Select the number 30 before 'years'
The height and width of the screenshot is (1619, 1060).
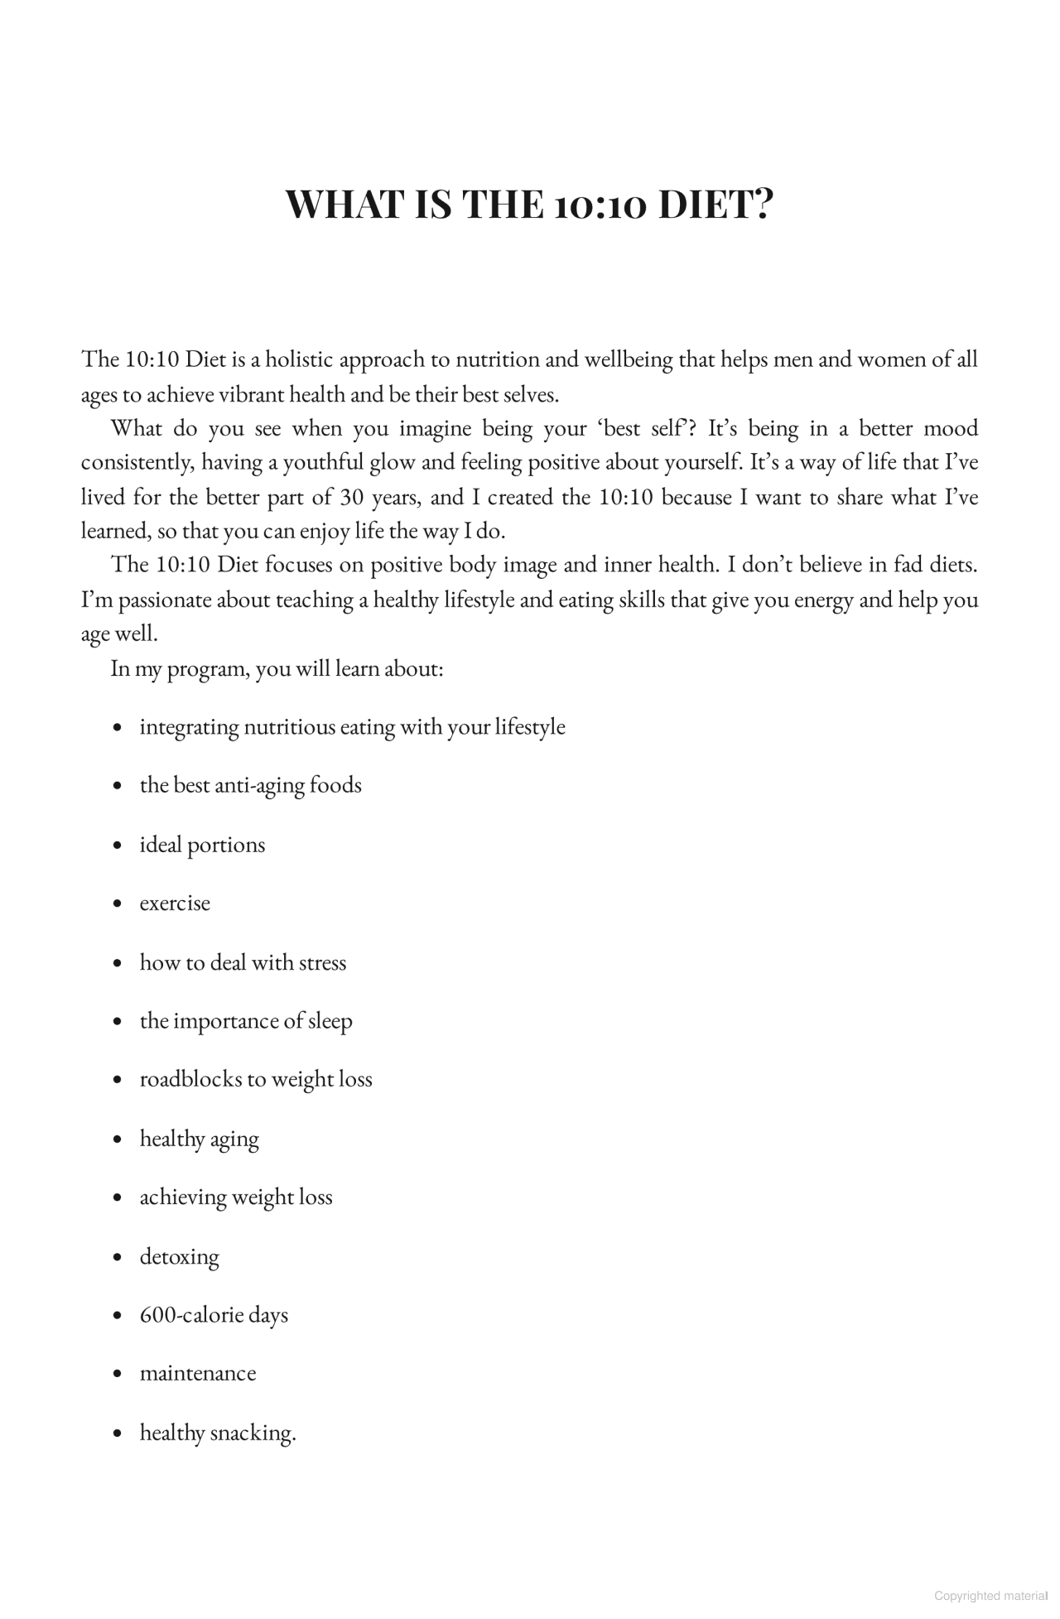point(348,497)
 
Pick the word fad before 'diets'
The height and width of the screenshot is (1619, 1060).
point(909,565)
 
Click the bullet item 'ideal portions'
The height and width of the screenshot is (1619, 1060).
point(202,845)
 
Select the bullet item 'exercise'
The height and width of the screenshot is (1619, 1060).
point(175,903)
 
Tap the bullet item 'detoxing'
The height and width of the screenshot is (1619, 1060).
point(179,1256)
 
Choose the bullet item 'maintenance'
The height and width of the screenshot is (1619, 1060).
point(197,1373)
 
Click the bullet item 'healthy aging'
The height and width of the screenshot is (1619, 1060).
point(199,1139)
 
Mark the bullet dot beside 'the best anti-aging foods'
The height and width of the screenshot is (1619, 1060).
point(118,786)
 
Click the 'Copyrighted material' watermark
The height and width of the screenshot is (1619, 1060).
point(990,1596)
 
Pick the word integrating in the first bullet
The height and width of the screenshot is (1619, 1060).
point(189,727)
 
